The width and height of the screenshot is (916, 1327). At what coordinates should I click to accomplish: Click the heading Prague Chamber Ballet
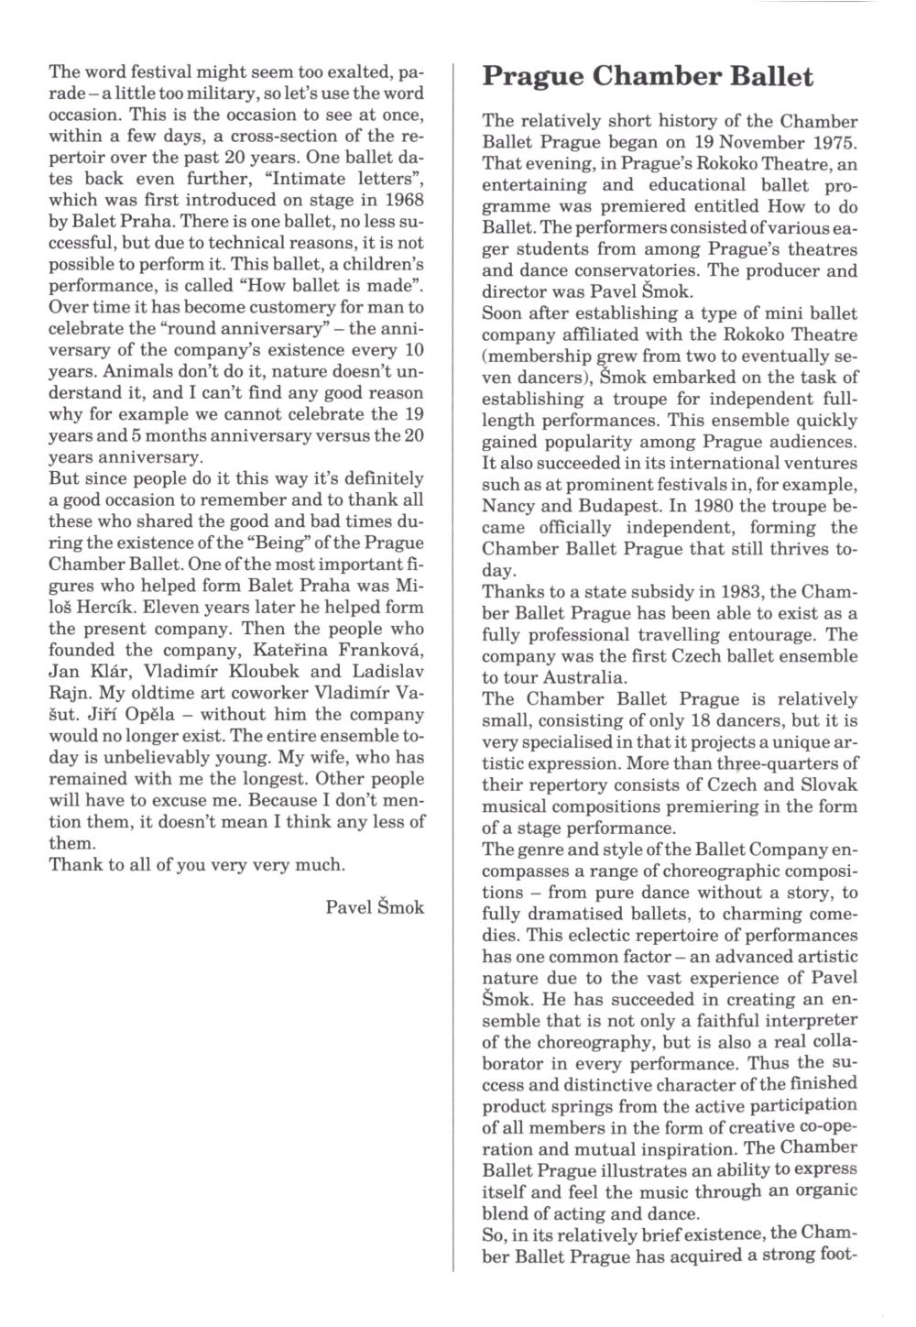648,76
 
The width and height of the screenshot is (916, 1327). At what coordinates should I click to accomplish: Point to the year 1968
403,200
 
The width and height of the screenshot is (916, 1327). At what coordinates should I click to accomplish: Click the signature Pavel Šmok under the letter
375,907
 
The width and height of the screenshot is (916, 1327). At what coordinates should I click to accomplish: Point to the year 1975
834,144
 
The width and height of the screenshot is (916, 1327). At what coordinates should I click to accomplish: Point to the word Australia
549,679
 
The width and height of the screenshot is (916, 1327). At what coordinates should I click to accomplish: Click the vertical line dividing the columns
454,642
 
